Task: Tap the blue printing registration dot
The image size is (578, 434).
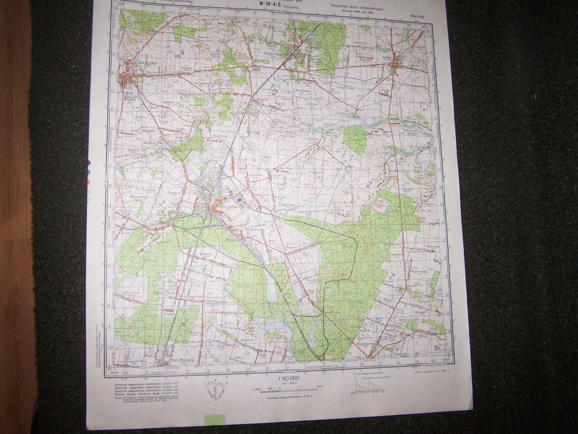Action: pyautogui.click(x=89, y=172)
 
